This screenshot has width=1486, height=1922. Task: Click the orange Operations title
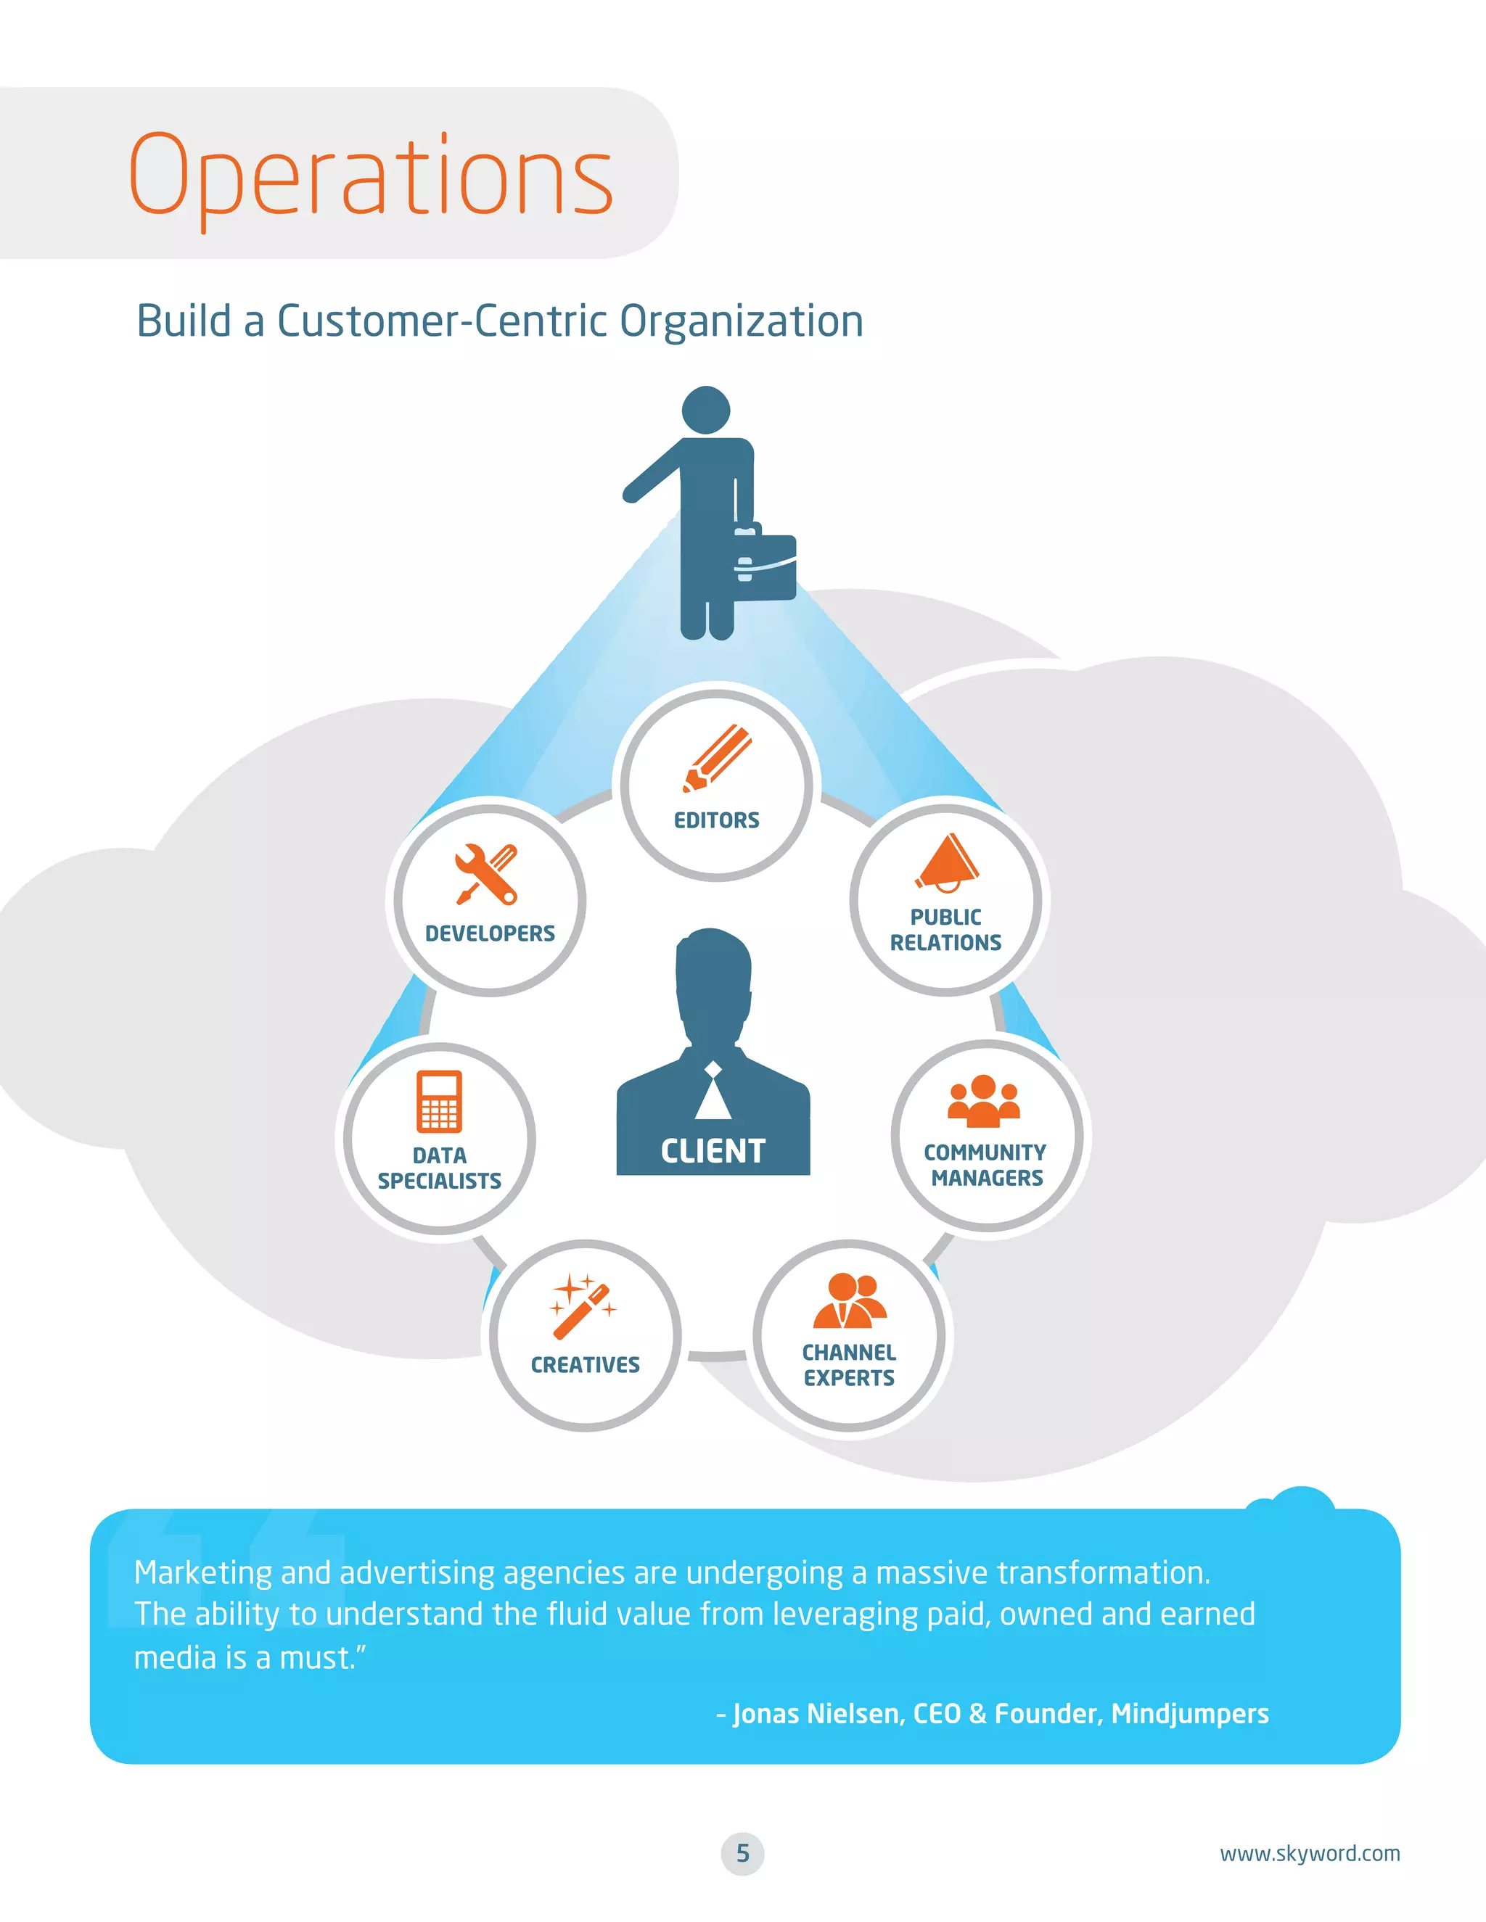pyautogui.click(x=371, y=176)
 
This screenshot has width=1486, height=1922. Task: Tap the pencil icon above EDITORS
pyautogui.click(x=717, y=758)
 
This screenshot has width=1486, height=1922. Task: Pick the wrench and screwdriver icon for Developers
pyautogui.click(x=487, y=874)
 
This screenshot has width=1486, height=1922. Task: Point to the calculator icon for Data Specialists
pyautogui.click(x=439, y=1101)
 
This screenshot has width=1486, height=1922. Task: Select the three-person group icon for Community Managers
pyautogui.click(x=983, y=1101)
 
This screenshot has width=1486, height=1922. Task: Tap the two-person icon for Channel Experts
pyautogui.click(x=850, y=1300)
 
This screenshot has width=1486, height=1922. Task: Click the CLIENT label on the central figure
pyautogui.click(x=713, y=1151)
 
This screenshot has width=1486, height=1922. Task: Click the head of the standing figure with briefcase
pyautogui.click(x=706, y=410)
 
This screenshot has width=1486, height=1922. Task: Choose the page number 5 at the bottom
pyautogui.click(x=742, y=1853)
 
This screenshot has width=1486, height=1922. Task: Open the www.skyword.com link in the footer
pyautogui.click(x=1309, y=1853)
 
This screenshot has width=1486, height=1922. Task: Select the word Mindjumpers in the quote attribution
pyautogui.click(x=1189, y=1713)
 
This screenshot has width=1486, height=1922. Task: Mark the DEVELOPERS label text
pyautogui.click(x=490, y=933)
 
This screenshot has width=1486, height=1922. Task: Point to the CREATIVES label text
pyautogui.click(x=585, y=1365)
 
